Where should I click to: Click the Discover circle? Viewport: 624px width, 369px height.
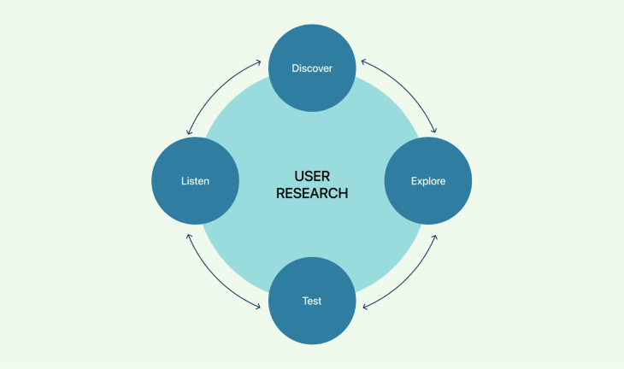(312, 68)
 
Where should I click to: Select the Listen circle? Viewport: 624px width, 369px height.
(195, 181)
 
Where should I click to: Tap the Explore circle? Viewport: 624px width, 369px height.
(427, 181)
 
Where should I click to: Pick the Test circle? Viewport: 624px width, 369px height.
(312, 301)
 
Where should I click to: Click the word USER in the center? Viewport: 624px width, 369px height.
(312, 175)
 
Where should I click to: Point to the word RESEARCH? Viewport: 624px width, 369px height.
(312, 193)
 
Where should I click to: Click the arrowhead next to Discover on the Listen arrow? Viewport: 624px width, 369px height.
(260, 62)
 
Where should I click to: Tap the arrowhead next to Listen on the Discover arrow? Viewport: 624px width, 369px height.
(189, 132)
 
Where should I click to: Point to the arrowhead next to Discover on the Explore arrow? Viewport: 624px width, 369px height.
(364, 62)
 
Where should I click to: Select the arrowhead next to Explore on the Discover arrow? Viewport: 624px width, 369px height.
(434, 132)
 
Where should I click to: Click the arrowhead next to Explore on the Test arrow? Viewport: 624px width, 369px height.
(435, 233)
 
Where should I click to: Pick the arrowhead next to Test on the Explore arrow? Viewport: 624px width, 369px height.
(365, 305)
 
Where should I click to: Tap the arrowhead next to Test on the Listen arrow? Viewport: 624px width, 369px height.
(260, 305)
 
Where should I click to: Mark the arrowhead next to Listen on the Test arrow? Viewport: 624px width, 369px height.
(189, 233)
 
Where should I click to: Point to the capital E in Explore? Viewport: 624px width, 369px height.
(414, 181)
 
